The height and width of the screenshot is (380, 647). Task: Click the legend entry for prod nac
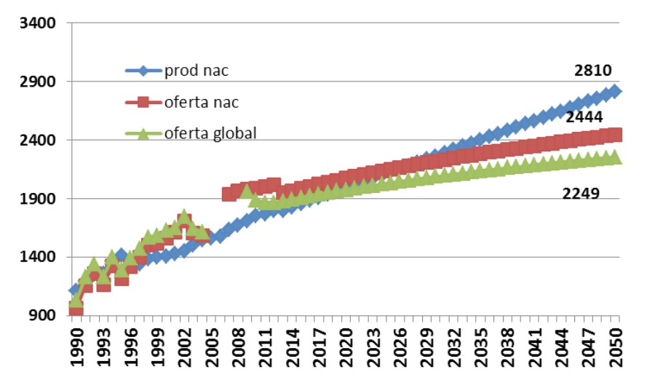(x=197, y=71)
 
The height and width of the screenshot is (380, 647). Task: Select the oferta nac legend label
(x=203, y=102)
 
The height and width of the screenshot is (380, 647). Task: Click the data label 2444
(x=584, y=117)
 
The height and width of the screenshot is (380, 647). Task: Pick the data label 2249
(x=581, y=193)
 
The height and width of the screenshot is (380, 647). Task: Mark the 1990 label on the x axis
(x=76, y=348)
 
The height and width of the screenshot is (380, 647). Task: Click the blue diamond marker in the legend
(x=143, y=71)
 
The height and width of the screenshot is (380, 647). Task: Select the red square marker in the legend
(x=143, y=102)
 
